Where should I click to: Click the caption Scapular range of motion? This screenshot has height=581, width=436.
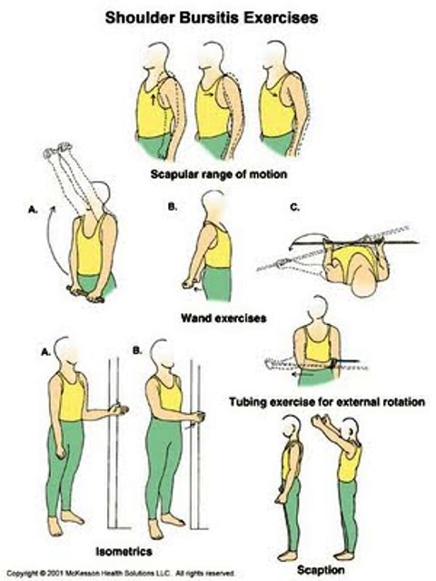(219, 174)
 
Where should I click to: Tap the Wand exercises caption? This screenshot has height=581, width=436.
(223, 318)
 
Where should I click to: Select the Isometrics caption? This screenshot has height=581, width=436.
(124, 551)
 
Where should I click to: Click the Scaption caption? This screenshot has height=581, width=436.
(321, 569)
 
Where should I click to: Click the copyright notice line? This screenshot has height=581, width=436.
(121, 573)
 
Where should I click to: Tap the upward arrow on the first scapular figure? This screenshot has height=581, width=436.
(154, 99)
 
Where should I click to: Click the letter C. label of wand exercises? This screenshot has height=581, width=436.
(294, 208)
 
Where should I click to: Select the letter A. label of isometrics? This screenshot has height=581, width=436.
(45, 351)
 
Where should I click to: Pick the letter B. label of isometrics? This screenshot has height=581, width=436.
(137, 350)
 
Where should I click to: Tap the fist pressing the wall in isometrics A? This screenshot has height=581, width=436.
(119, 409)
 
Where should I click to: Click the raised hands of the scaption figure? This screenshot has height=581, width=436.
(322, 421)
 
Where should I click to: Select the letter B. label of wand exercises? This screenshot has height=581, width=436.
(173, 208)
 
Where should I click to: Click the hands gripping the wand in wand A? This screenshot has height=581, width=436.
(86, 293)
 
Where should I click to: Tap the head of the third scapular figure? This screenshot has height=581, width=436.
(274, 55)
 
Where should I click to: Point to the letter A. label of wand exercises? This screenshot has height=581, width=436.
(33, 210)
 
